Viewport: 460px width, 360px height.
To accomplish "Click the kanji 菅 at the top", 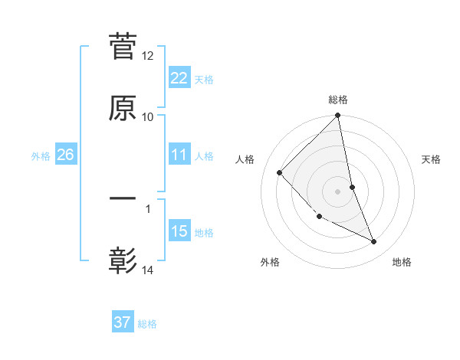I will [x=123, y=47].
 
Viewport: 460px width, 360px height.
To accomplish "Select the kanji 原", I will [x=123, y=108].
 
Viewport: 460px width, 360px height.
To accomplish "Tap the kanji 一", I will [x=123, y=199].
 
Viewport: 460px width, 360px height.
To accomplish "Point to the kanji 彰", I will [x=123, y=260].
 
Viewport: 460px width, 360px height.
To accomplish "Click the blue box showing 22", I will [x=179, y=78].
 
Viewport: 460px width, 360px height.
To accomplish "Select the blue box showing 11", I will [x=179, y=155].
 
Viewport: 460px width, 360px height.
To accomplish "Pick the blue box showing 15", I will [x=179, y=231].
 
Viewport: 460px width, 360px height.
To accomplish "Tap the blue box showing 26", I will [x=65, y=155].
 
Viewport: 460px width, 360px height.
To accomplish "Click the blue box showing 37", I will [x=122, y=322].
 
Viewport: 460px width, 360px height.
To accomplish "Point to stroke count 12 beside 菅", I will [x=148, y=56].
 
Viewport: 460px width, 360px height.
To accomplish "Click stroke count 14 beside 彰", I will [x=148, y=270].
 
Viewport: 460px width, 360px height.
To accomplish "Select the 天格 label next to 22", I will [x=203, y=80].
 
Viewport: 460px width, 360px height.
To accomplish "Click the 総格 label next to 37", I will [x=147, y=324].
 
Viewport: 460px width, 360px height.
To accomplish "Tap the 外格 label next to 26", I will [x=41, y=156].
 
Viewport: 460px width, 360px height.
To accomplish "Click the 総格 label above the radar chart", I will [x=338, y=100].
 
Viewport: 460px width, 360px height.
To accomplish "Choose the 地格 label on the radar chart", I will [x=402, y=263].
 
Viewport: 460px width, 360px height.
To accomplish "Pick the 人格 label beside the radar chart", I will [x=245, y=159].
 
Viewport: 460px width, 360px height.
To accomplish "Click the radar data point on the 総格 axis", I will [x=337, y=116].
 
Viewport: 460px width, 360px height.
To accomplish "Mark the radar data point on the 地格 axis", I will [x=374, y=242].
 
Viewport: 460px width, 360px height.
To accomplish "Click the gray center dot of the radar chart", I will [x=337, y=191].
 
